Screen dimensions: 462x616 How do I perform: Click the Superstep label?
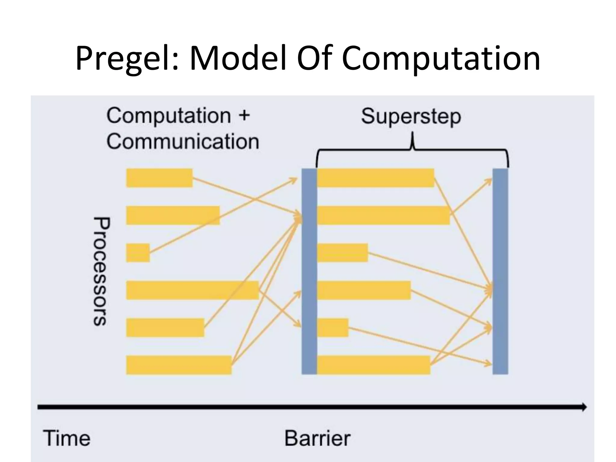coord(411,117)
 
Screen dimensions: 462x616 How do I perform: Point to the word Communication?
coord(183,141)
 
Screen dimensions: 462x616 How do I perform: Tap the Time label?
coord(67,438)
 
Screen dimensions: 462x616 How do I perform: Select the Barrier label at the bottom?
coord(317,438)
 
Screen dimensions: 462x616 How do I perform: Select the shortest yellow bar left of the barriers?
coord(138,253)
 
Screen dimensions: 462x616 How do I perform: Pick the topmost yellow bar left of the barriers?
coord(159,178)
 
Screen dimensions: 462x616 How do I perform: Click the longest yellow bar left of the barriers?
coord(192,290)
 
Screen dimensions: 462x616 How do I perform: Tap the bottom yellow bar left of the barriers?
coord(179,365)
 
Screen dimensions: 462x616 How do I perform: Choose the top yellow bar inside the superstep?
coord(375,178)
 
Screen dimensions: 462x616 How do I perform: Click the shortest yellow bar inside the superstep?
coord(333,328)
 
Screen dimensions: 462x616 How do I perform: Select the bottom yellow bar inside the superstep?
coord(374,365)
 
